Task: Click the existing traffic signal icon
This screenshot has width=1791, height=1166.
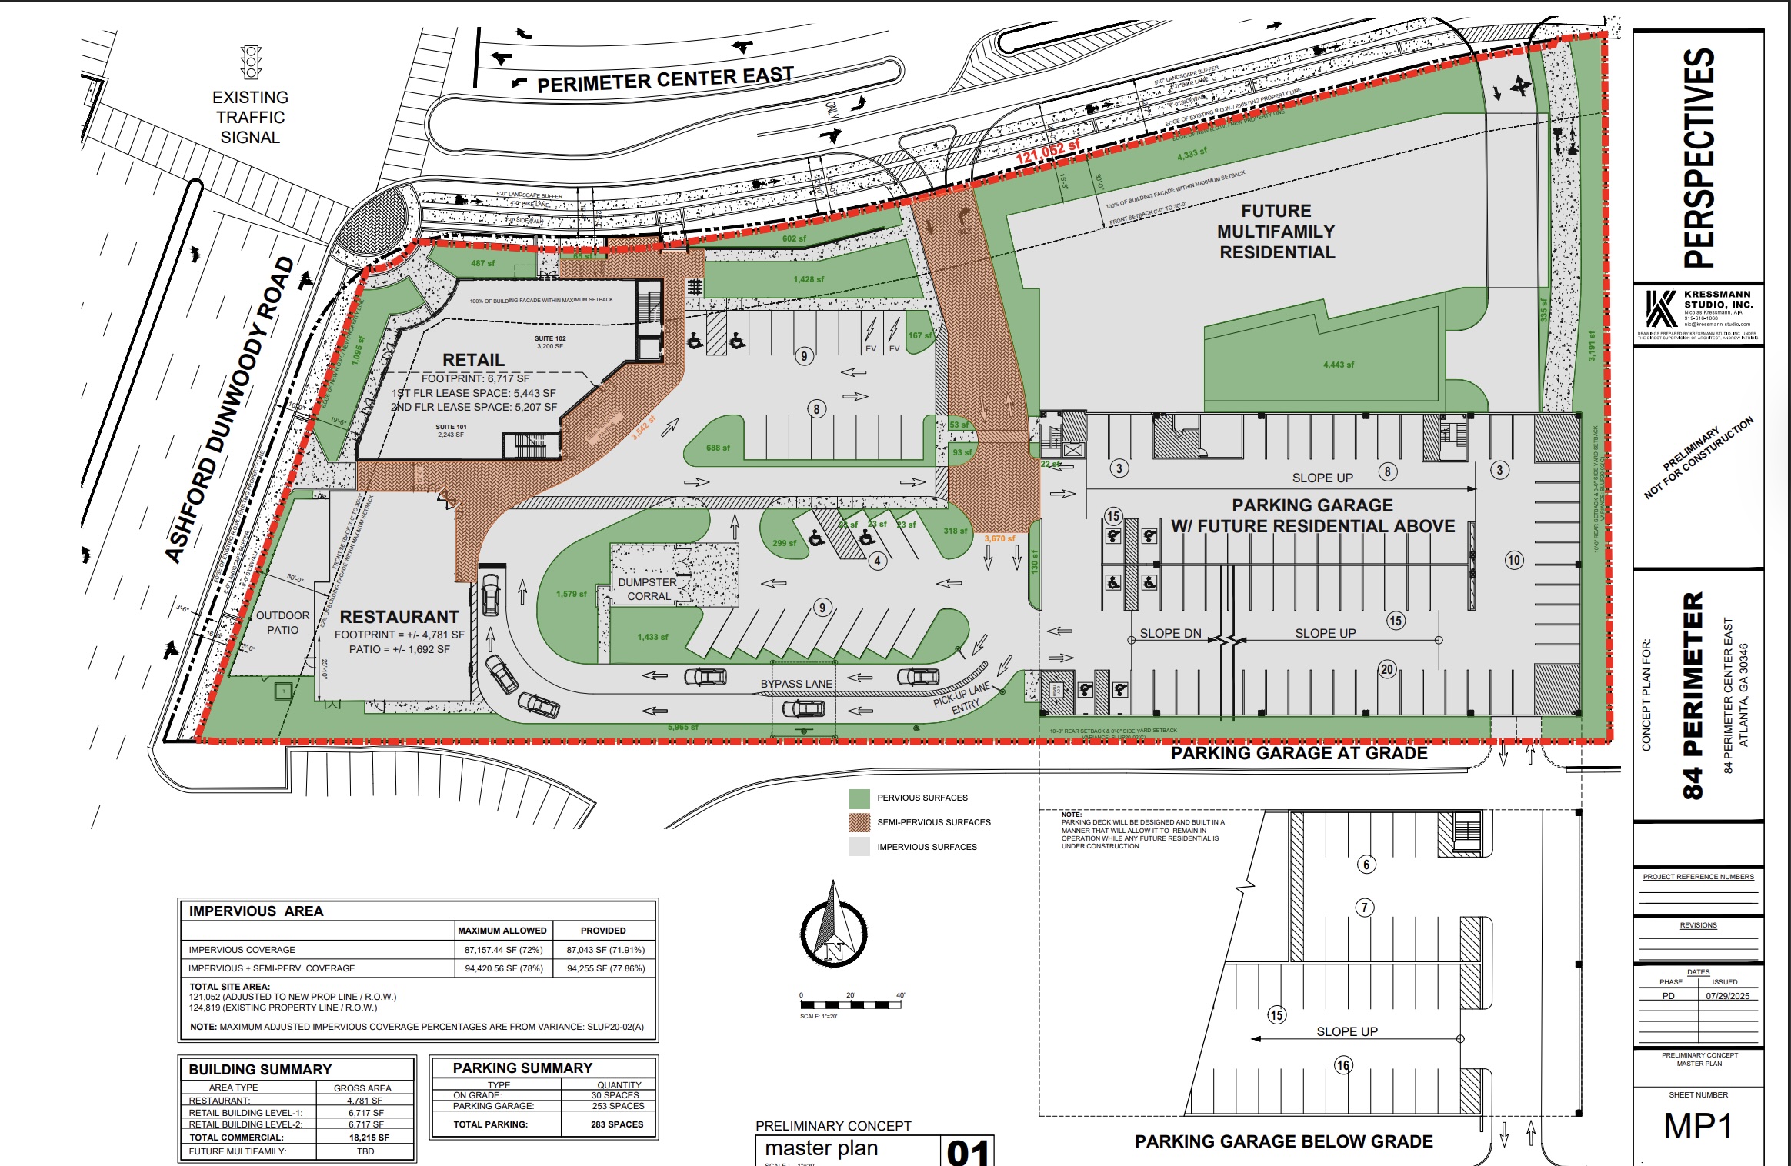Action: point(251,62)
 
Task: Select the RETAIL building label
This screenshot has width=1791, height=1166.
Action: point(473,360)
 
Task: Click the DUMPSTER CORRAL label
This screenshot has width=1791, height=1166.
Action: point(648,589)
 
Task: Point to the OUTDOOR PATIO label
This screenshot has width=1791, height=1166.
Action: point(282,622)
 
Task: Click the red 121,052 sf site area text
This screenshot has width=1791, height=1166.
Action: point(1047,152)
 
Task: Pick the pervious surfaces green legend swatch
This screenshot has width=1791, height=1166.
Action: point(859,798)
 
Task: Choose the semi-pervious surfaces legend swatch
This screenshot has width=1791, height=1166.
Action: point(859,822)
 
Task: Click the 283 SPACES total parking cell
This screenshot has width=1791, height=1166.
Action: point(617,1124)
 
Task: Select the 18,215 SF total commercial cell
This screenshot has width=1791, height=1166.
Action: point(369,1138)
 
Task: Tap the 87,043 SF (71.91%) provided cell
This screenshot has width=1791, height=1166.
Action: point(605,950)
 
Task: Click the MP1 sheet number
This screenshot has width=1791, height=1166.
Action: point(1698,1127)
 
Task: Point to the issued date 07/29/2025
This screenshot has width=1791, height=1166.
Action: point(1727,996)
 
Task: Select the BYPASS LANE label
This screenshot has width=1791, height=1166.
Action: point(796,684)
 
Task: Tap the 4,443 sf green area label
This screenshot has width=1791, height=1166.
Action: point(1339,365)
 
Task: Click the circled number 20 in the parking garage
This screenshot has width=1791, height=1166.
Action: point(1387,669)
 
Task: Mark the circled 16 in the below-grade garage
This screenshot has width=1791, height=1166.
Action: point(1343,1065)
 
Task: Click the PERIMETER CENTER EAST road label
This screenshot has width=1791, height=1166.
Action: point(665,79)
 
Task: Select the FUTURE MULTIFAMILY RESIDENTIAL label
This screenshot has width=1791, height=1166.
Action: point(1276,232)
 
